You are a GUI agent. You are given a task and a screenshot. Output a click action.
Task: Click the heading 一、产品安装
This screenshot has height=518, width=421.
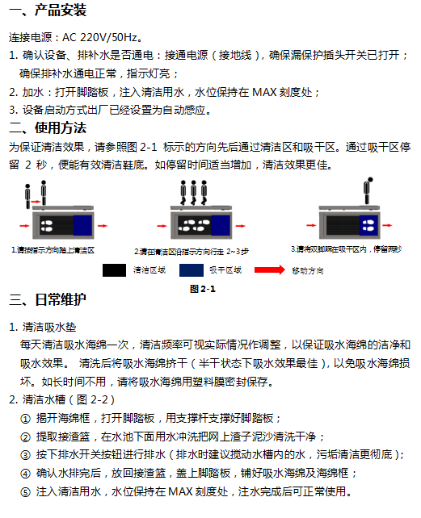[47, 10]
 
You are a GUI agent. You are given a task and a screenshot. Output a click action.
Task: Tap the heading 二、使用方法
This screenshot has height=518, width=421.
[47, 127]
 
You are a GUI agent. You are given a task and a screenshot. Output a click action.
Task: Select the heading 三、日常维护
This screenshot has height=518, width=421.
[47, 300]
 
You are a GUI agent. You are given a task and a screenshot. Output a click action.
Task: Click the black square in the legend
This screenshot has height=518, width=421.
[113, 269]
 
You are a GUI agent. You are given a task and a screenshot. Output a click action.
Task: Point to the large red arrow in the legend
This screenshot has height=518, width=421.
[270, 269]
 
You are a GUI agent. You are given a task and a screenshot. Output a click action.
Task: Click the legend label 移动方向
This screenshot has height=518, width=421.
[308, 270]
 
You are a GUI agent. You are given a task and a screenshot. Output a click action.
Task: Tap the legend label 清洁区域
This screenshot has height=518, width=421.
[149, 270]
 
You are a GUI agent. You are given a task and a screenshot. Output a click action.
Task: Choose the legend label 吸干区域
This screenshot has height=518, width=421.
[225, 270]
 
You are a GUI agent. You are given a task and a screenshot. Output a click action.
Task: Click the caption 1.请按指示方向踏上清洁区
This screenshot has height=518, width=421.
[53, 250]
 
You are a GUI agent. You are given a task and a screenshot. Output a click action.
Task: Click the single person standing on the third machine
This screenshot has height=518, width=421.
[368, 191]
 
